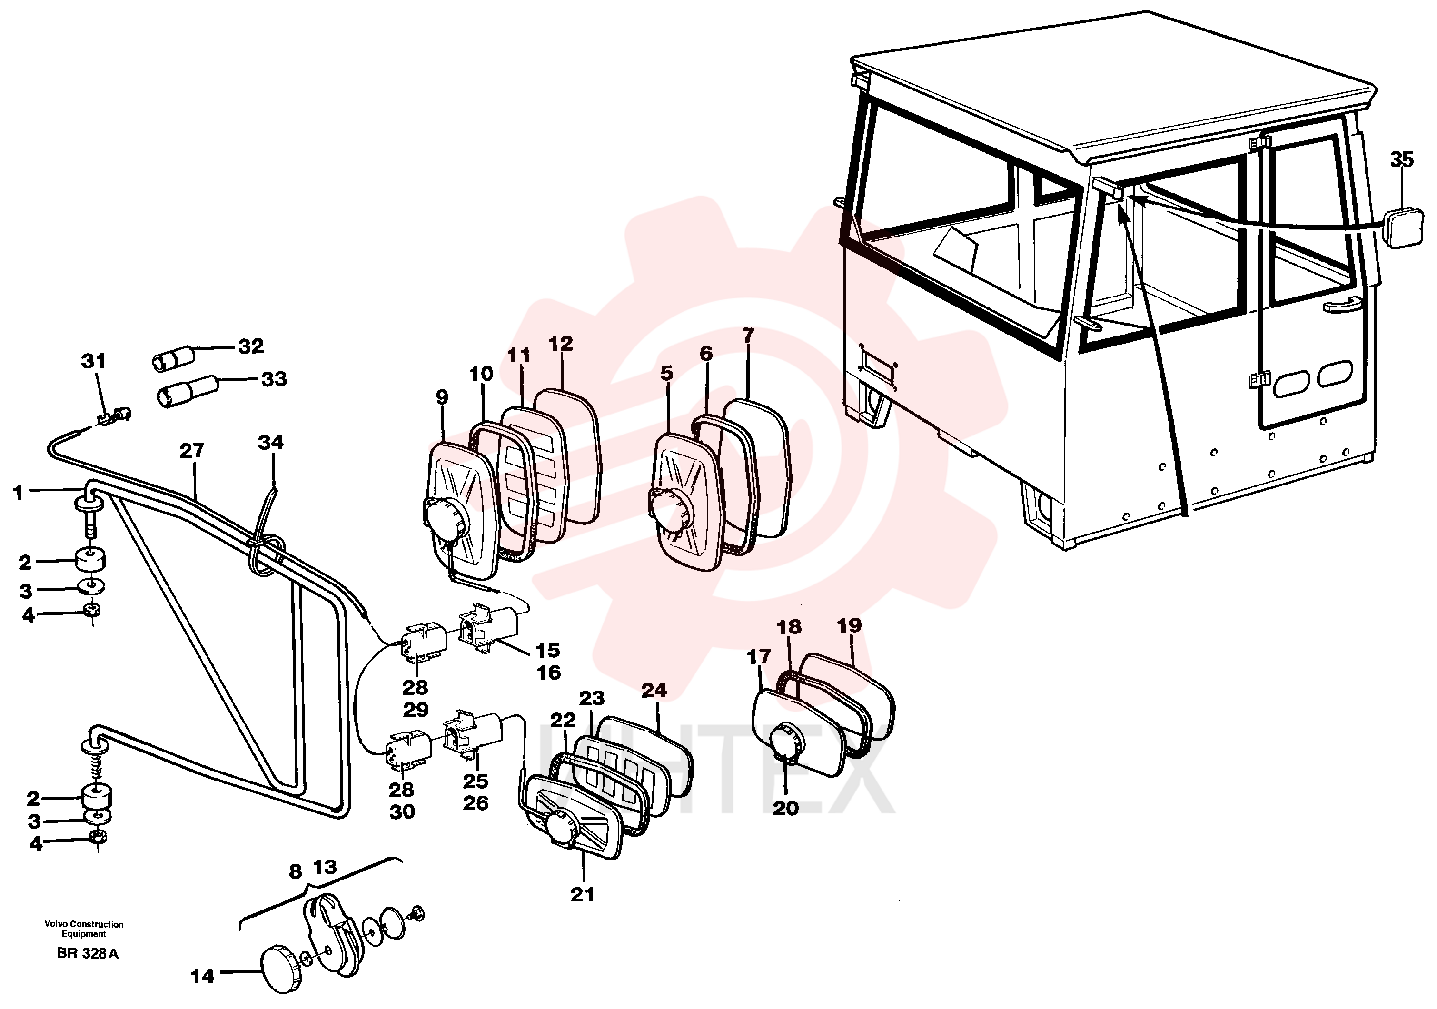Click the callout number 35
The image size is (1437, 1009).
tap(1401, 159)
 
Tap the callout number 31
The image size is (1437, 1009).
tap(94, 361)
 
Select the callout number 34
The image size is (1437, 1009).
tap(270, 443)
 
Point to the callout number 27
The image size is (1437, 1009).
tap(192, 451)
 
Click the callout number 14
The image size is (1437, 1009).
tap(202, 976)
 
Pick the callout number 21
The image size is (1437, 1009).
tap(582, 894)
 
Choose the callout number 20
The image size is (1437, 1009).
tap(785, 808)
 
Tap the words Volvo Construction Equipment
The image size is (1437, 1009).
tap(84, 929)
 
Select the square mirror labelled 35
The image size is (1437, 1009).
tap(1403, 228)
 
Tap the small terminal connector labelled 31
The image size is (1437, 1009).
tap(116, 415)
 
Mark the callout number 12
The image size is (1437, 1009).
tap(560, 344)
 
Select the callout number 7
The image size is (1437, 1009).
tap(749, 336)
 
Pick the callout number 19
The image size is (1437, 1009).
tap(849, 625)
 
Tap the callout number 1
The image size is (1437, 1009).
tap(18, 493)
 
